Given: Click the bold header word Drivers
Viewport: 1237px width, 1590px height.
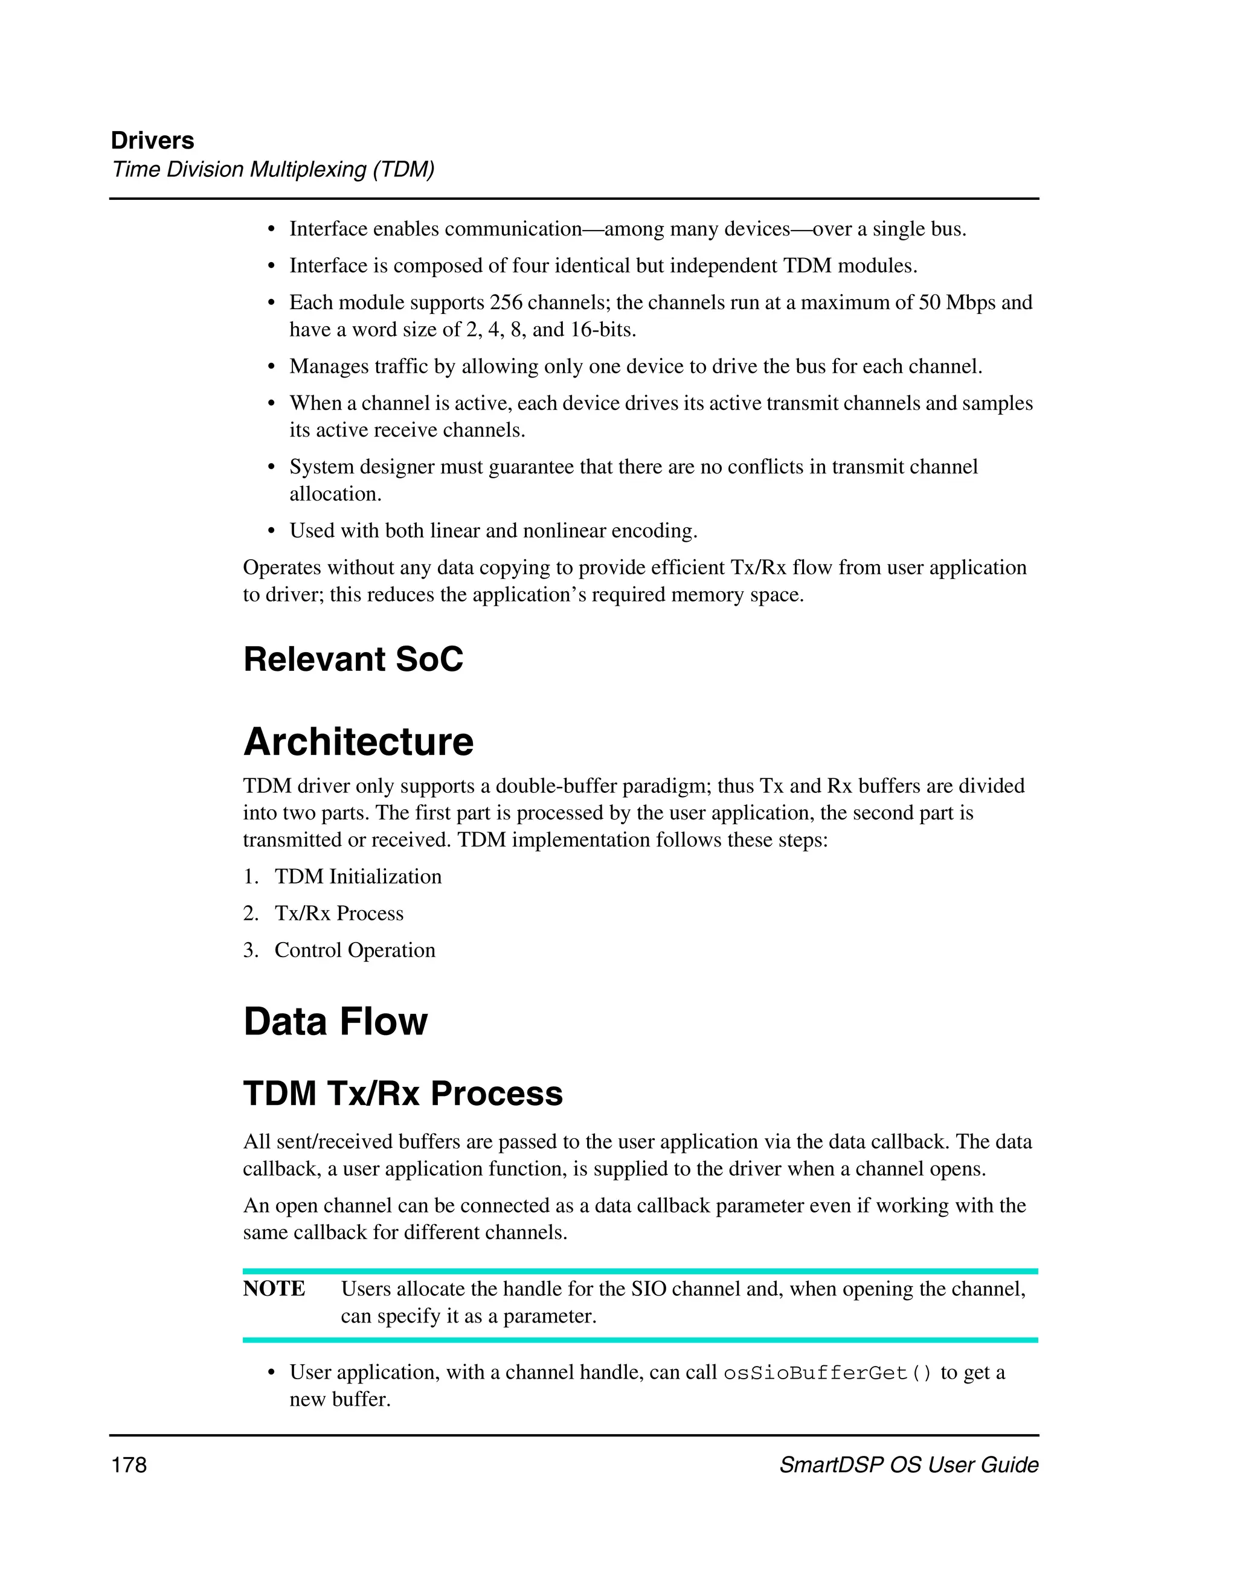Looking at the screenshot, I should pyautogui.click(x=152, y=141).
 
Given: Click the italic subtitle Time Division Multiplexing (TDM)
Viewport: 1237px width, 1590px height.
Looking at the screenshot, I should pyautogui.click(x=273, y=170).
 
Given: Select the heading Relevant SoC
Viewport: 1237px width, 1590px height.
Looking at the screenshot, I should pyautogui.click(x=353, y=659).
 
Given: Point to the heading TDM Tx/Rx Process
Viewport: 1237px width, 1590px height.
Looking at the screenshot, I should pyautogui.click(x=403, y=1094).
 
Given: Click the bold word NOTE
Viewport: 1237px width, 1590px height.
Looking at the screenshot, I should pyautogui.click(x=274, y=1289).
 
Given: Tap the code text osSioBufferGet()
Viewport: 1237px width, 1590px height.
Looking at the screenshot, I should pyautogui.click(x=827, y=1373).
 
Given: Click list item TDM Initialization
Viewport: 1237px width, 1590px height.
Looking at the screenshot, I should pyautogui.click(x=358, y=877).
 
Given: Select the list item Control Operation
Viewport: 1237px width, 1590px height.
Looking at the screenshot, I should pyautogui.click(x=355, y=950).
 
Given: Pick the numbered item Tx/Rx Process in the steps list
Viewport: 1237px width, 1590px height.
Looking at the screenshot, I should pyautogui.click(x=339, y=914).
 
